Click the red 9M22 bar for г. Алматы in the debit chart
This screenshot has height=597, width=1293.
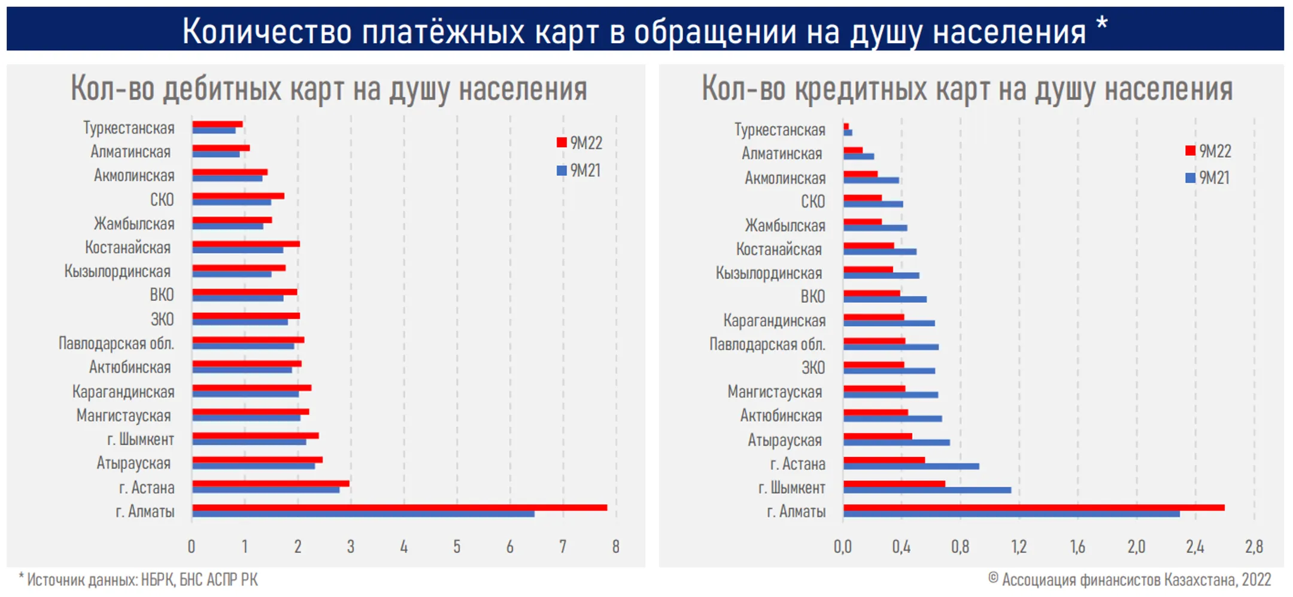[x=399, y=507]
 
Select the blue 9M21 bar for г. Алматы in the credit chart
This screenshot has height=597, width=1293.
[x=1011, y=514]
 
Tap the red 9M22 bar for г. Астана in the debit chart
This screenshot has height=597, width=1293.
[x=271, y=483]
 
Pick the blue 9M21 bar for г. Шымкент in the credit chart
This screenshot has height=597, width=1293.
[x=927, y=491]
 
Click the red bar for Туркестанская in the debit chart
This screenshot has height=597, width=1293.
[x=217, y=124]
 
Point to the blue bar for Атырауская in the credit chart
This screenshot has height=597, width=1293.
[x=896, y=443]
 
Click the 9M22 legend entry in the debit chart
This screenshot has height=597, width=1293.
[x=579, y=143]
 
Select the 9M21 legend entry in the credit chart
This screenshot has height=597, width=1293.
[x=1208, y=178]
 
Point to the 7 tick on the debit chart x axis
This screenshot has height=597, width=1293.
[x=563, y=547]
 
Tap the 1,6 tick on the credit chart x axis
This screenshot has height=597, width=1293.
[x=1077, y=547]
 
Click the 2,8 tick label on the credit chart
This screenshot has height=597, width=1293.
[x=1253, y=547]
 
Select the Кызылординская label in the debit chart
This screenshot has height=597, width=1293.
[x=117, y=272]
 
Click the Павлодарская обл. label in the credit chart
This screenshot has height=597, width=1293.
[x=767, y=345]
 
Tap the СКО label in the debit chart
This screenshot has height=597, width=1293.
[x=162, y=200]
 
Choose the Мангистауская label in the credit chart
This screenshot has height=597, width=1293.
[x=775, y=392]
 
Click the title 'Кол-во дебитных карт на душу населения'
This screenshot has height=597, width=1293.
[x=329, y=89]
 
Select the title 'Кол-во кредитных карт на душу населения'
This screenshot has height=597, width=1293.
[x=967, y=89]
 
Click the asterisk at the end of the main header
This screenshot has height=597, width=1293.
[x=1102, y=25]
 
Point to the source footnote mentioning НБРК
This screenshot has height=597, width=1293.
[x=139, y=580]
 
